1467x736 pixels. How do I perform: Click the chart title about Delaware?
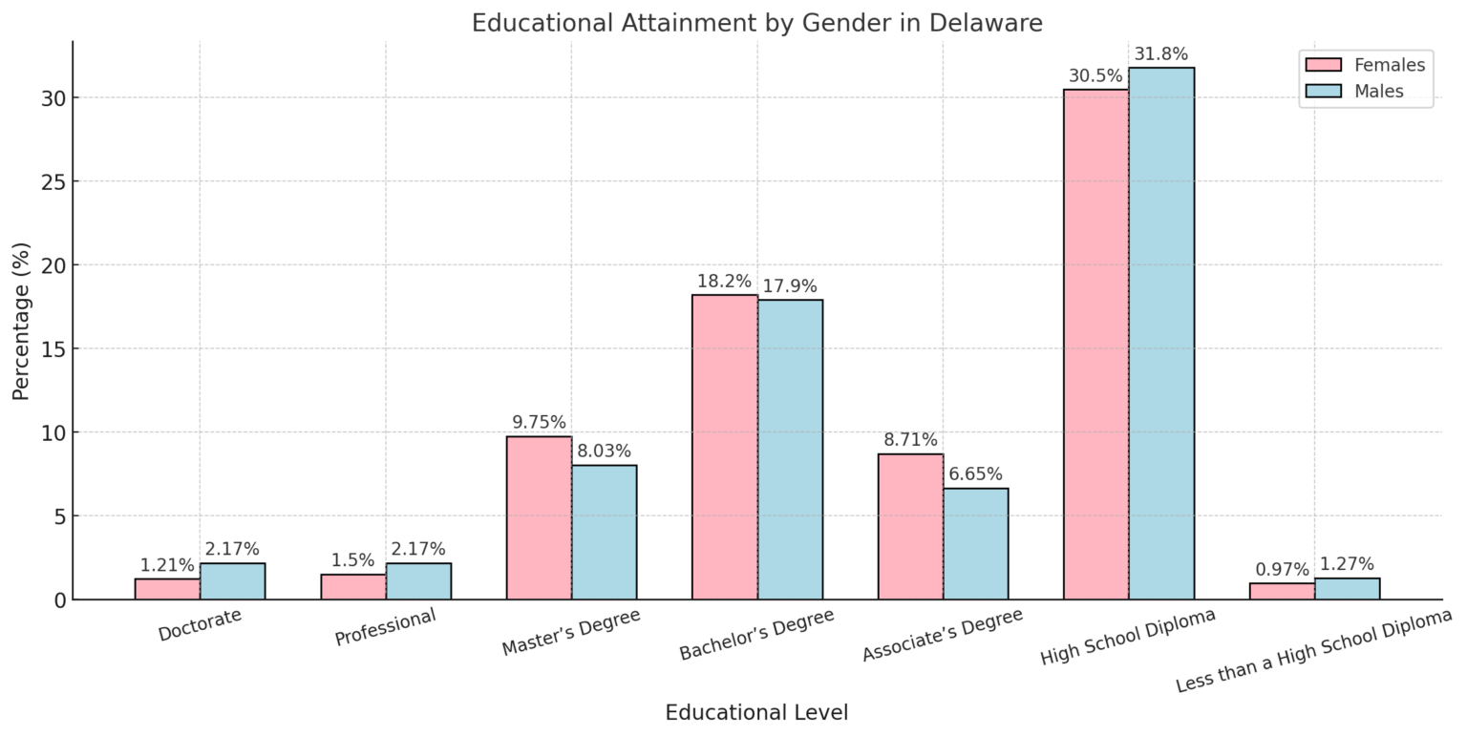pyautogui.click(x=756, y=23)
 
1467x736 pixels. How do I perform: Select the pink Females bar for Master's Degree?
pyautogui.click(x=539, y=518)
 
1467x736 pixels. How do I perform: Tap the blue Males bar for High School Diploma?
pyautogui.click(x=1160, y=334)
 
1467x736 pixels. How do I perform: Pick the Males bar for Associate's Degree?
pyautogui.click(x=975, y=544)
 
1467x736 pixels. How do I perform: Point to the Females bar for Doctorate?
pyautogui.click(x=167, y=589)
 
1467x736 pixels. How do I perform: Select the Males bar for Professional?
pyautogui.click(x=418, y=581)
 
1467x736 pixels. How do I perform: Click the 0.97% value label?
pyautogui.click(x=1282, y=570)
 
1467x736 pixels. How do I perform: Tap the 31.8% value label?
pyautogui.click(x=1160, y=54)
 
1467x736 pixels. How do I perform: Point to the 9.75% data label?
pyautogui.click(x=539, y=422)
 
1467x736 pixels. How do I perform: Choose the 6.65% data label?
pyautogui.click(x=975, y=474)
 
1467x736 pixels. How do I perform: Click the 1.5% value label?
pyautogui.click(x=352, y=560)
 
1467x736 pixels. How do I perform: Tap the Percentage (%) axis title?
pyautogui.click(x=21, y=321)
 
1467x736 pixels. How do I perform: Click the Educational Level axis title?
pyautogui.click(x=756, y=713)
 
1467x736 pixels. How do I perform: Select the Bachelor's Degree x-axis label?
pyautogui.click(x=756, y=635)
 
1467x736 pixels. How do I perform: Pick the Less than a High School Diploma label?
pyautogui.click(x=1313, y=651)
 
